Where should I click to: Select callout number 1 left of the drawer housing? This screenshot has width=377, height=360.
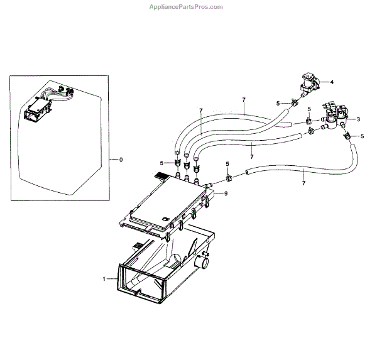[104, 277]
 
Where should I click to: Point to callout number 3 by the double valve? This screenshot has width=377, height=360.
[358, 119]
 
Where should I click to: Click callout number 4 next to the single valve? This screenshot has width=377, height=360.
[332, 82]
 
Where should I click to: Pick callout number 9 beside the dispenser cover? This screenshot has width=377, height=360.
[226, 194]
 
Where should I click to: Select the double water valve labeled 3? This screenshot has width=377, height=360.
[336, 115]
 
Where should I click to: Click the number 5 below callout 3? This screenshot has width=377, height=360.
[362, 136]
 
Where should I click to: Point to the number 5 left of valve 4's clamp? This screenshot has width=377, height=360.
[277, 103]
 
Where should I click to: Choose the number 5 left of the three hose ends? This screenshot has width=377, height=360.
[161, 162]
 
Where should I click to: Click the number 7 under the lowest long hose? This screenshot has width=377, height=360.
[303, 183]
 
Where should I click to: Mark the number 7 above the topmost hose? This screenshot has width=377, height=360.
[243, 100]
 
